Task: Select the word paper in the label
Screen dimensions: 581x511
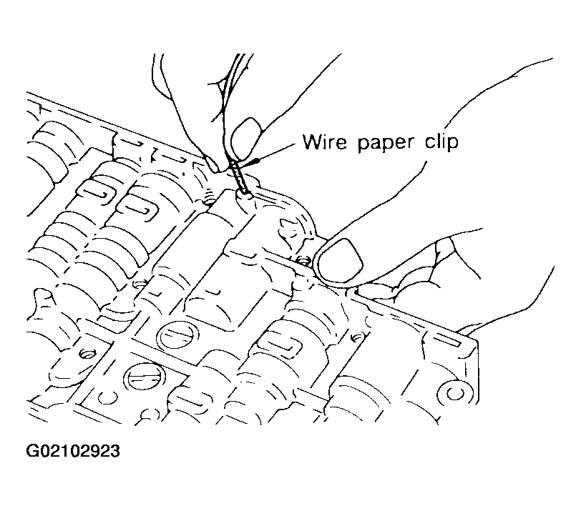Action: click(386, 143)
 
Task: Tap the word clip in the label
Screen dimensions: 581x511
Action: click(441, 142)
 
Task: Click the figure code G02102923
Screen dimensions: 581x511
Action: click(73, 452)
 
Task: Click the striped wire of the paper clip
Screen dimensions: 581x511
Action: click(238, 177)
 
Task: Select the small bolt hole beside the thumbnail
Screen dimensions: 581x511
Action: click(304, 261)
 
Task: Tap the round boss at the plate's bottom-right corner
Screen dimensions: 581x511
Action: click(454, 393)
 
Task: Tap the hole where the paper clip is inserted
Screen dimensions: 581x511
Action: click(245, 193)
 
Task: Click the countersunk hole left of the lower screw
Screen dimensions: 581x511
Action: click(87, 354)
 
